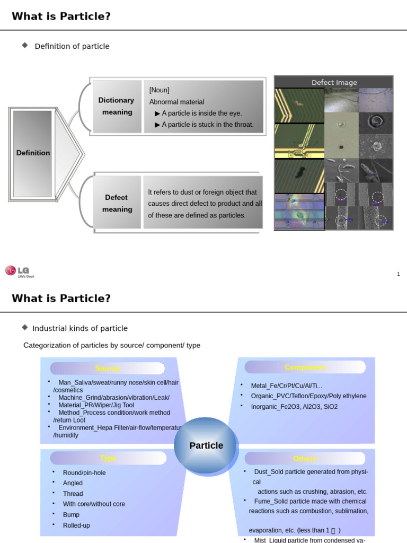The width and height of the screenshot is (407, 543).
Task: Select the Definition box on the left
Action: [33, 153]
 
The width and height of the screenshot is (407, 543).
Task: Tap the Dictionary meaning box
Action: [117, 106]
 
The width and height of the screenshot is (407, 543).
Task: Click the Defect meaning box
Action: [117, 203]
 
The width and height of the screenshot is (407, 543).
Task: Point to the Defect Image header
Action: [334, 82]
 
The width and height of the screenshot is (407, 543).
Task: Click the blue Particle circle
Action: [206, 445]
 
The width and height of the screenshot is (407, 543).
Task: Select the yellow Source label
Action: [107, 369]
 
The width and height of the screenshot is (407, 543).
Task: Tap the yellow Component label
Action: [305, 367]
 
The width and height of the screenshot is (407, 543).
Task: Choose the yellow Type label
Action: [108, 458]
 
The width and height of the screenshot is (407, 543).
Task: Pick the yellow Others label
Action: [305, 459]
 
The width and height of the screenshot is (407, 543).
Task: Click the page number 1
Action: [398, 274]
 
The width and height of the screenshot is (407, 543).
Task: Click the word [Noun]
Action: [159, 90]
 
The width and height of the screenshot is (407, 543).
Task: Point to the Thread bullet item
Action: [73, 494]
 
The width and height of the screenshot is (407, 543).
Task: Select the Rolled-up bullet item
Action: [76, 526]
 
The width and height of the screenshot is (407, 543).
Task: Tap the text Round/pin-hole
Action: [84, 472]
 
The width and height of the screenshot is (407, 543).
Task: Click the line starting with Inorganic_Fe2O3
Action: [294, 407]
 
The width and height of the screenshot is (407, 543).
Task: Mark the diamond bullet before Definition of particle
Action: [25, 46]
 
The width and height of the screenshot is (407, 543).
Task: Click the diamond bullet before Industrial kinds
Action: [25, 328]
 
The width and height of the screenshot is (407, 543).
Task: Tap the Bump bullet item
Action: [71, 515]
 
